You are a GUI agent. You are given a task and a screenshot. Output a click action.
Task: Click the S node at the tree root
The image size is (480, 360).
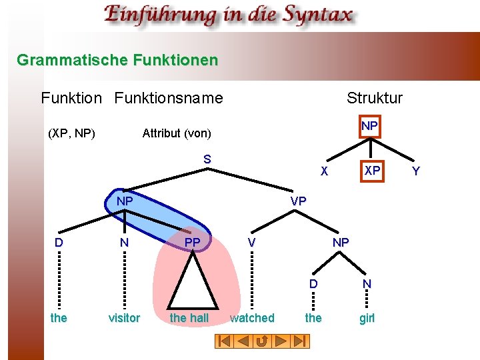coord(207,159)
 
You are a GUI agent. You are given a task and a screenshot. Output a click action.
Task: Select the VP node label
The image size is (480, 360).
coord(298,201)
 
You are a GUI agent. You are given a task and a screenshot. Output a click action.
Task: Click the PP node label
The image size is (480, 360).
coord(192,242)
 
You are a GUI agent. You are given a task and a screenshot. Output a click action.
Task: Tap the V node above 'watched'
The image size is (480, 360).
coord(251,243)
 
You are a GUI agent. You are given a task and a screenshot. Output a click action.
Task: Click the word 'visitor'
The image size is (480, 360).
coord(124,318)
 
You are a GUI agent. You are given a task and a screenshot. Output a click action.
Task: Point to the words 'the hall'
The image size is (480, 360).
coord(189,318)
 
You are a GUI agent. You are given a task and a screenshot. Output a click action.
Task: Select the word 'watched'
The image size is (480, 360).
coord(252,318)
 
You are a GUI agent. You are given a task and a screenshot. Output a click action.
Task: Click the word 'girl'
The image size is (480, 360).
coord(367,318)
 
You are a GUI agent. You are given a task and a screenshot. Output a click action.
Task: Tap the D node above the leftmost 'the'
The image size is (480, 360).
coord(59,243)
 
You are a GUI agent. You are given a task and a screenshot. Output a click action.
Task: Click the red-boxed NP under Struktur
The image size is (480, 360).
coord(369,126)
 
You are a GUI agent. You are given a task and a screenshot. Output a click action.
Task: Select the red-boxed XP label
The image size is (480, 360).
coord(372,171)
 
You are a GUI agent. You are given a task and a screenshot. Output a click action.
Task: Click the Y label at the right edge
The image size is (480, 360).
coord(416,171)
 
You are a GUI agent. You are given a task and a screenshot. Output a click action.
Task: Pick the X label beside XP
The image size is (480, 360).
coord(324,171)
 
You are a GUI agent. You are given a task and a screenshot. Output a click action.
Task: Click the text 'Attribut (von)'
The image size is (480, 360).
coord(177,133)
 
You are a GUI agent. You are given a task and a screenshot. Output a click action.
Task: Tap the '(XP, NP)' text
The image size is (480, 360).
coord(72,133)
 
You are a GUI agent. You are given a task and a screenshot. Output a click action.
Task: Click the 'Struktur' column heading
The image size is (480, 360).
coord(375,98)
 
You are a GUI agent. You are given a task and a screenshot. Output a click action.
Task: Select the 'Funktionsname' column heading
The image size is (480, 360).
coord(169,98)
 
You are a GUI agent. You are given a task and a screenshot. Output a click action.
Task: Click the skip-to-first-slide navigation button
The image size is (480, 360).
coord(225,341)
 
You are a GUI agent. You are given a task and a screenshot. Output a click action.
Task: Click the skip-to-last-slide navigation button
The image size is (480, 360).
coord(301,341)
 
